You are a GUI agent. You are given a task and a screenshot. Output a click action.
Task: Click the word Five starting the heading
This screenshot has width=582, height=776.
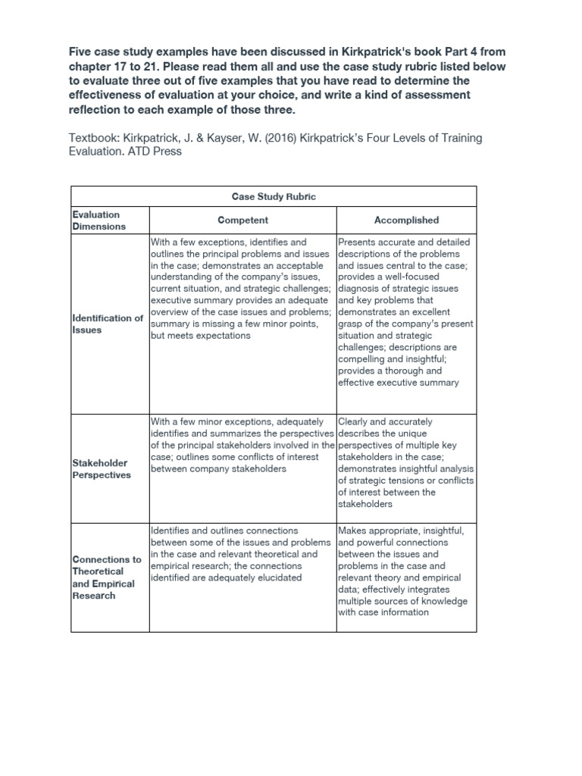[82, 51]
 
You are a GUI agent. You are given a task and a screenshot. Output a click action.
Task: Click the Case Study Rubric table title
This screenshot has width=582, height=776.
[273, 196]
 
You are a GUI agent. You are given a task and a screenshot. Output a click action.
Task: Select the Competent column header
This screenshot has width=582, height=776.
[242, 220]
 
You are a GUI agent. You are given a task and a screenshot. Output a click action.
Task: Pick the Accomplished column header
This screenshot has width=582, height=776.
[406, 220]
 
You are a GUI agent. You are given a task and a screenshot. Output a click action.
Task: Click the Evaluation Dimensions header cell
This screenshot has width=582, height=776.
[96, 220]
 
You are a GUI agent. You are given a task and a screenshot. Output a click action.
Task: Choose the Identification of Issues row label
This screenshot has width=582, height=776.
[108, 324]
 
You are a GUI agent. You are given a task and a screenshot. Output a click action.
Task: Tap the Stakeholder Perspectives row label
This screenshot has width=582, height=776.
[102, 468]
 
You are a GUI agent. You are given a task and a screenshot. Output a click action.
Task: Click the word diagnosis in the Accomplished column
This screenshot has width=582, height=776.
[361, 289]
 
